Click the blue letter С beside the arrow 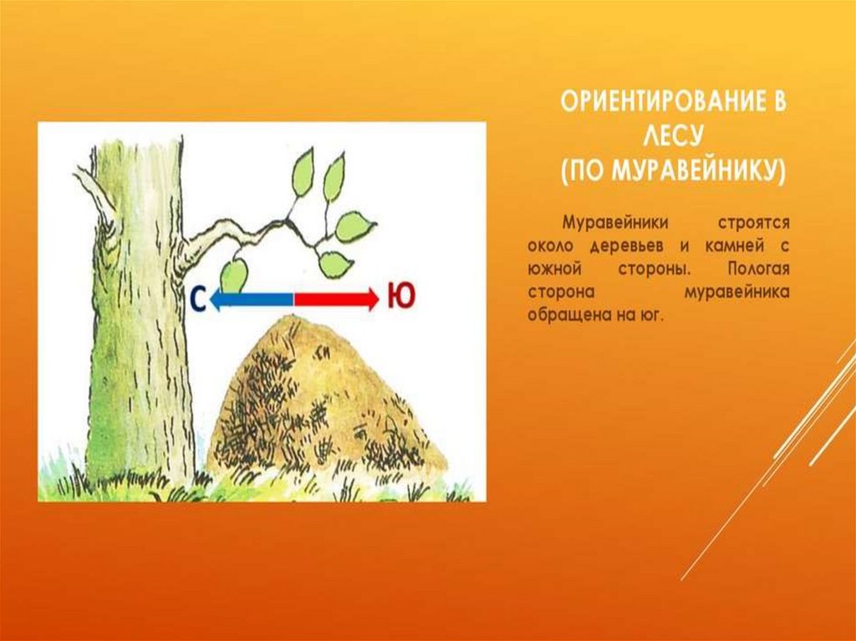(198, 298)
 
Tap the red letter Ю (400, 297)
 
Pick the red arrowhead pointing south (372, 298)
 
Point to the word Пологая (758, 270)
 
